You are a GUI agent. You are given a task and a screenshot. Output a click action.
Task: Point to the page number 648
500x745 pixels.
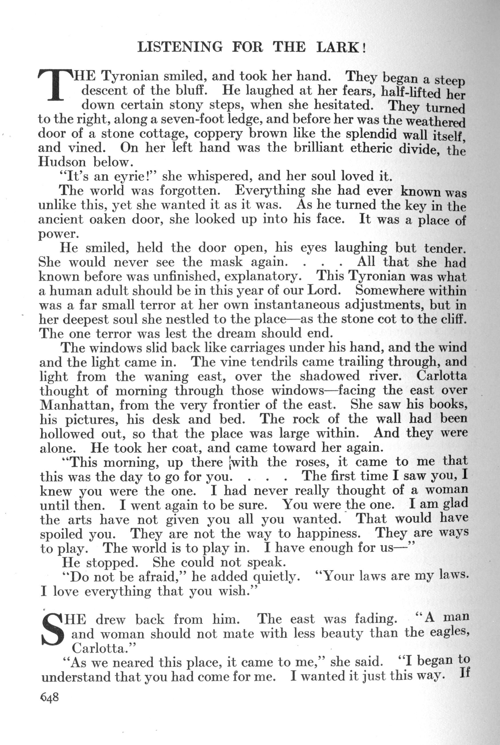[x=50, y=697]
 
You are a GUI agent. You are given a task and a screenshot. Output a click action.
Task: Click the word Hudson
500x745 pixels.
[x=62, y=162]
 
